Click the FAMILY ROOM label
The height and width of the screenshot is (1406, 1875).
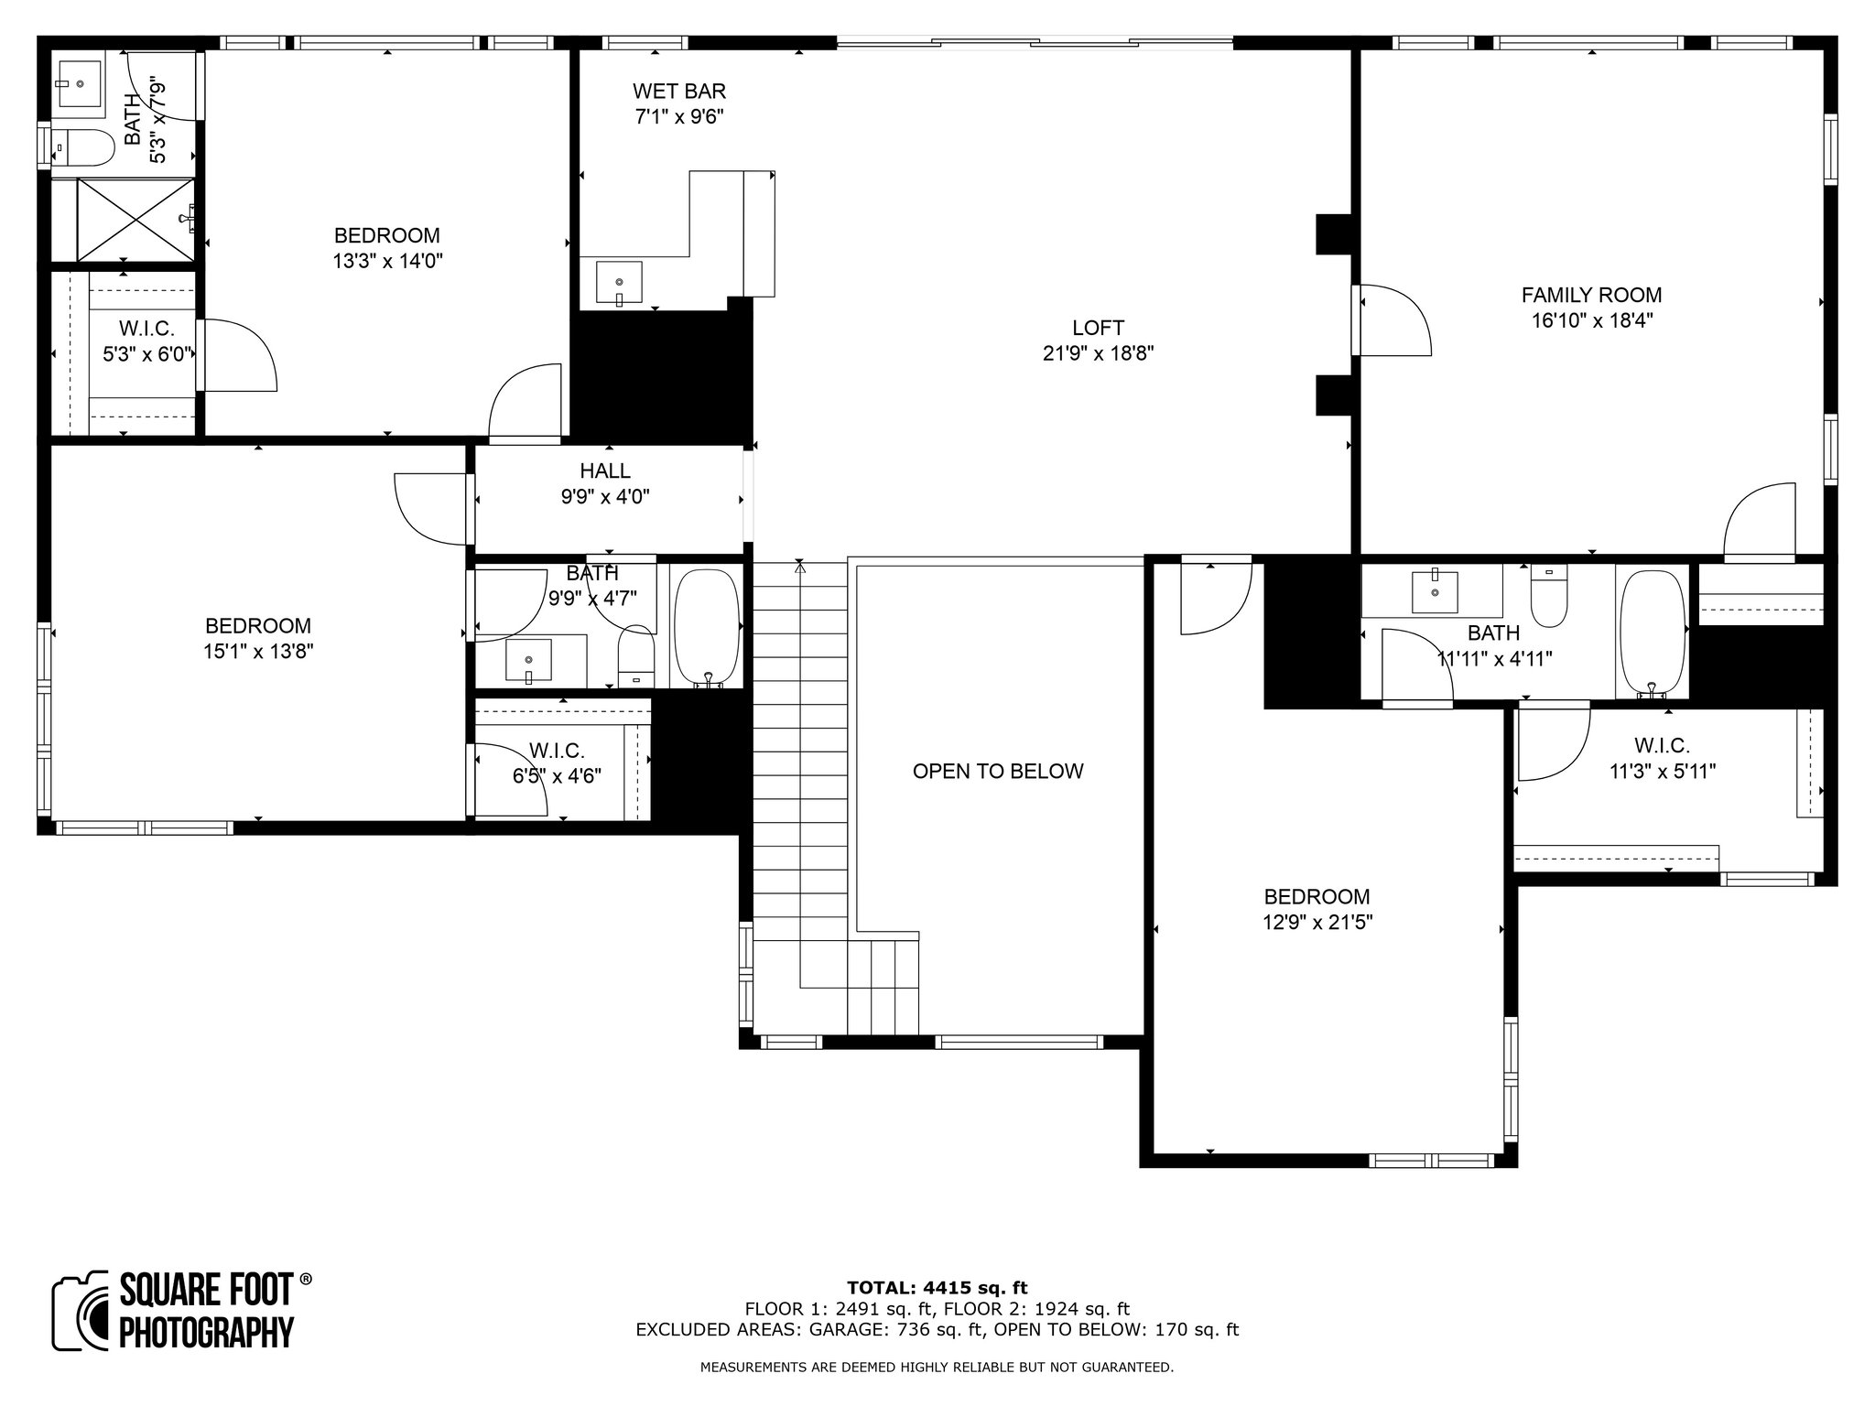[1591, 295]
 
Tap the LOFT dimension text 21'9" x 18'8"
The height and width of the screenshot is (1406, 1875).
[1098, 353]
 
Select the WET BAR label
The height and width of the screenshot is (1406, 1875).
[679, 91]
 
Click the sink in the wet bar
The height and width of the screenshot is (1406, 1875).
[619, 282]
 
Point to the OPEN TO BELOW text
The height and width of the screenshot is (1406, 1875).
[998, 771]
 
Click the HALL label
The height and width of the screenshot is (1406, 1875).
[605, 470]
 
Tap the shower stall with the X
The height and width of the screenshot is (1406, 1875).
[135, 220]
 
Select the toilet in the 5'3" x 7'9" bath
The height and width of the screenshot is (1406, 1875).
[83, 146]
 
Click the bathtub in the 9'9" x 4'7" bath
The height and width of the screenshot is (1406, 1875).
[707, 628]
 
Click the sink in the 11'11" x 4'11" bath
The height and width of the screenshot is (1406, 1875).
[1435, 590]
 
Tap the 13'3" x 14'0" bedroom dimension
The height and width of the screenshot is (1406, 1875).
[387, 261]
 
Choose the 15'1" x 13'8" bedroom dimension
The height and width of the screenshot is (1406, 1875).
[258, 652]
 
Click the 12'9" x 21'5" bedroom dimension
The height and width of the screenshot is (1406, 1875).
[1317, 923]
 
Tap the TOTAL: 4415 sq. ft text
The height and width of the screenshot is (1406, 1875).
[937, 1288]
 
